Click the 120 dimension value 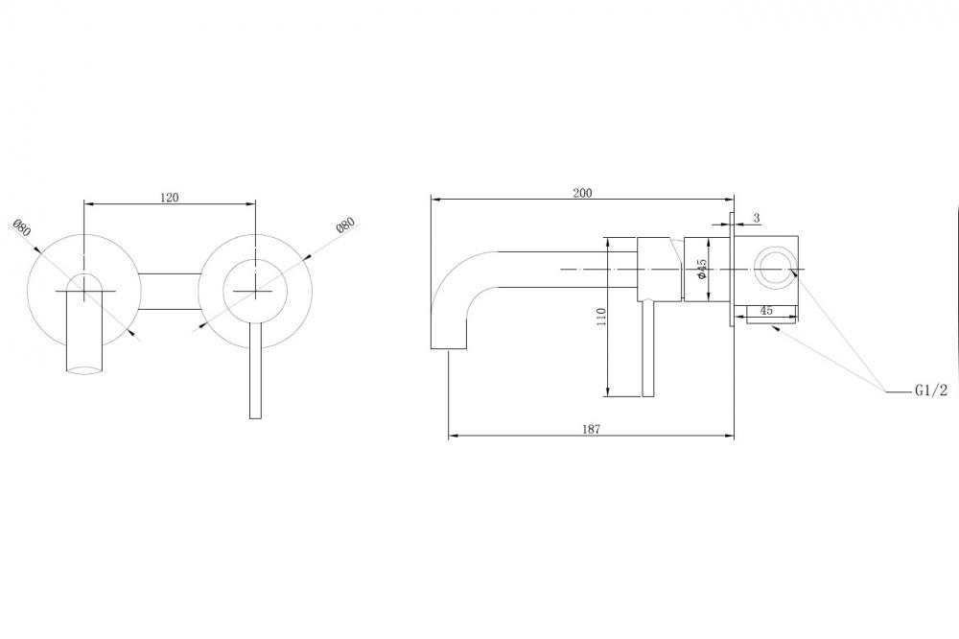click(170, 197)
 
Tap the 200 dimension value click(582, 193)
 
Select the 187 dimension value click(591, 429)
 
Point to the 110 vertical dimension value click(601, 317)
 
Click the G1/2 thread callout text click(931, 390)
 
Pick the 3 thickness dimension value click(757, 218)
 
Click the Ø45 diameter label click(702, 269)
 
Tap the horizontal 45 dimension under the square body click(765, 310)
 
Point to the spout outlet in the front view click(83, 367)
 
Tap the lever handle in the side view click(648, 349)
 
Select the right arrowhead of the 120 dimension click(250, 202)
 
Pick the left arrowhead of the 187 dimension click(454, 436)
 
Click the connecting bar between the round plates click(170, 291)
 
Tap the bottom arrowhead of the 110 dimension click(607, 391)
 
